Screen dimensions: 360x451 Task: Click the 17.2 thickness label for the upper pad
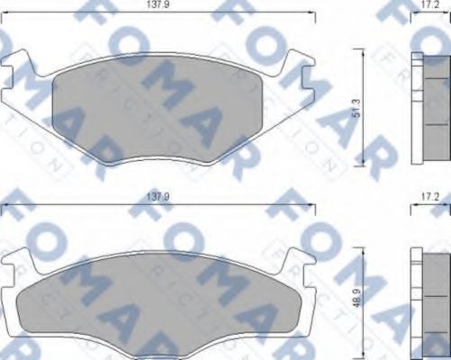[429, 5]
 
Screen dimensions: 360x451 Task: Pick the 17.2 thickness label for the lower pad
[429, 195]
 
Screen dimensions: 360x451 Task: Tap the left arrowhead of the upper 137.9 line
[4, 13]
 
